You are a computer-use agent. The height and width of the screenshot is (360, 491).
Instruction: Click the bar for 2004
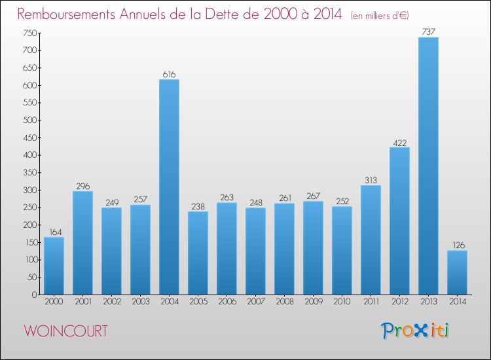[x=169, y=187]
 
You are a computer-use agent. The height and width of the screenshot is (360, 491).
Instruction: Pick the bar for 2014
[x=457, y=272]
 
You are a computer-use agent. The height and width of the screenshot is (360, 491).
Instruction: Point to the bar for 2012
[x=399, y=221]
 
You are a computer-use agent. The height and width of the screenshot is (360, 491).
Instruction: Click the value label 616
[x=169, y=75]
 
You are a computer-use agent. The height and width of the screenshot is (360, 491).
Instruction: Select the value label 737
[x=428, y=32]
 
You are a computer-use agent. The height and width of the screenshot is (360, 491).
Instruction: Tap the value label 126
[x=457, y=245]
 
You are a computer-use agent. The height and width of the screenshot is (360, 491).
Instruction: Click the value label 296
[x=82, y=186]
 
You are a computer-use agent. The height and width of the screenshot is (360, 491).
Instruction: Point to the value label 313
[x=371, y=180]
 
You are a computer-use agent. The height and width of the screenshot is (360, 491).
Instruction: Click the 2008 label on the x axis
[x=284, y=302]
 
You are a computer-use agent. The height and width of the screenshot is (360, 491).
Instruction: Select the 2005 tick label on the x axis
[x=198, y=302]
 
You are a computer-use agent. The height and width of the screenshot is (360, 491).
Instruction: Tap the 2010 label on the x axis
[x=342, y=302]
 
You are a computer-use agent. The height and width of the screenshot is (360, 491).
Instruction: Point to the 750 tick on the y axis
[x=30, y=33]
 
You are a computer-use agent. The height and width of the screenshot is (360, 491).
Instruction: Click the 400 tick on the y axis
[x=30, y=155]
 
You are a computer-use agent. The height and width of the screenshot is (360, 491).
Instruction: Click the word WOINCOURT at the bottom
[x=66, y=331]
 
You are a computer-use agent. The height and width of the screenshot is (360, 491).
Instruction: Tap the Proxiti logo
[x=416, y=331]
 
